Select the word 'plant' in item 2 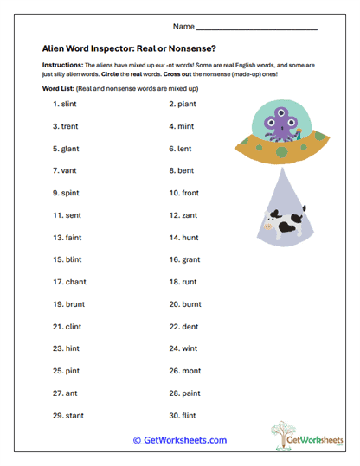(x=189, y=104)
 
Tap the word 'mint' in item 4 (x=188, y=126)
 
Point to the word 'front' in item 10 (x=192, y=193)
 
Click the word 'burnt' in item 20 (x=193, y=304)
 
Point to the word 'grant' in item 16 (x=192, y=259)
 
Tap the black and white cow (x=282, y=224)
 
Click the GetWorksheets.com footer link (x=179, y=440)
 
